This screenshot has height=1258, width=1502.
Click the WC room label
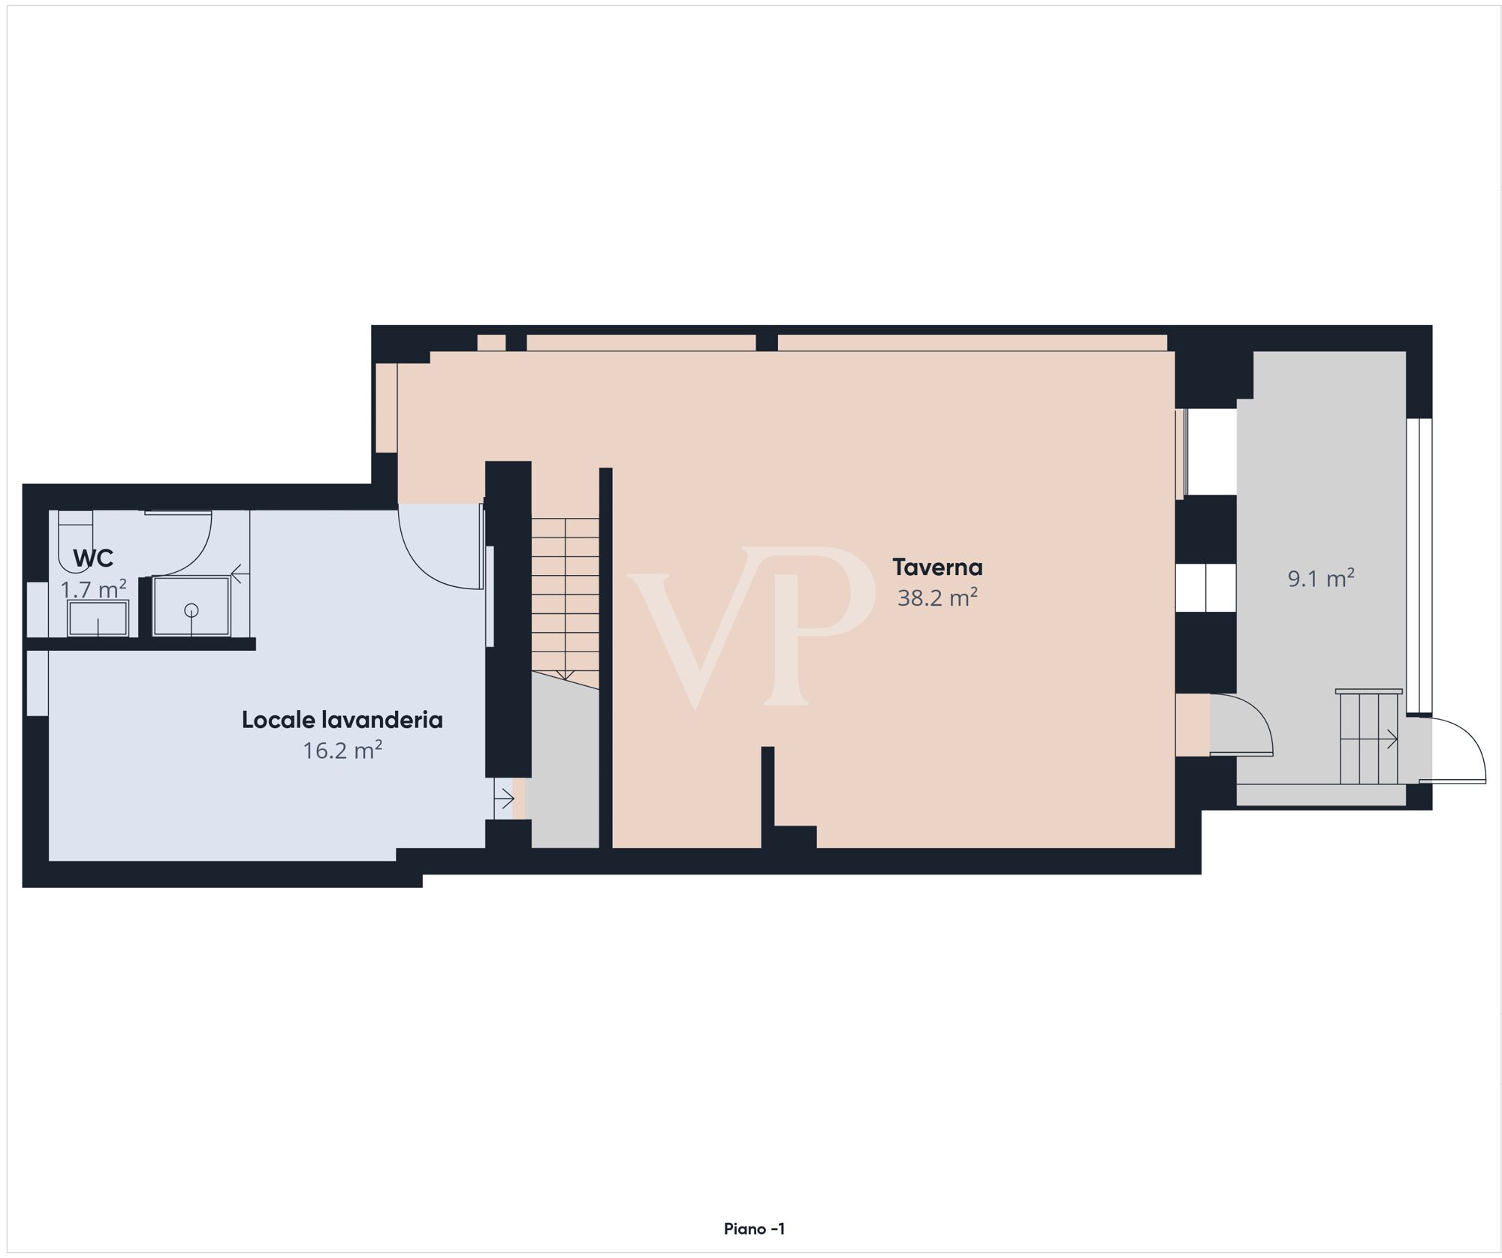(x=93, y=558)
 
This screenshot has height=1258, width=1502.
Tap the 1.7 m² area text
(x=93, y=589)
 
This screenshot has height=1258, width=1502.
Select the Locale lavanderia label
(x=342, y=720)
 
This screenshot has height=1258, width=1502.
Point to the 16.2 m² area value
(x=342, y=751)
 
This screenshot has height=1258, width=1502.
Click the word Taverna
(x=937, y=567)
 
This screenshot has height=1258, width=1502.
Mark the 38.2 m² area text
(x=937, y=597)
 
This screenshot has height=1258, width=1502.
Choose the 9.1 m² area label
(x=1321, y=579)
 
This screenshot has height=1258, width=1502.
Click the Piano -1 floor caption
(x=754, y=1229)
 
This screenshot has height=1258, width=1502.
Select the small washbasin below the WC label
(x=98, y=618)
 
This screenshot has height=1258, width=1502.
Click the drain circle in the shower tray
(x=192, y=610)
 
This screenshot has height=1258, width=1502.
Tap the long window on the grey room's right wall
(x=1419, y=564)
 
